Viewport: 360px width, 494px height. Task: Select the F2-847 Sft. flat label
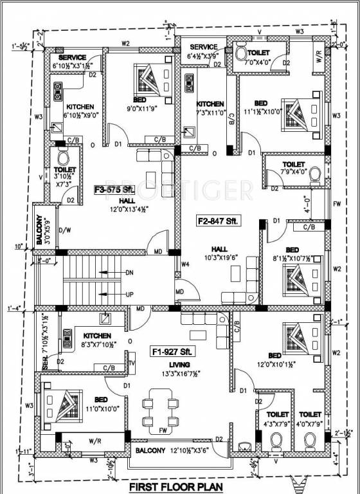pos(218,221)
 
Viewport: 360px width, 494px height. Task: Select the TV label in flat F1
pos(132,363)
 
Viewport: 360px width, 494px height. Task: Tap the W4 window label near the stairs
pos(185,264)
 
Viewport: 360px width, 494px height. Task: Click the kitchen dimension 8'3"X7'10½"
pos(96,345)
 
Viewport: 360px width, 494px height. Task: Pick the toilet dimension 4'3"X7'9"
pos(278,423)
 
